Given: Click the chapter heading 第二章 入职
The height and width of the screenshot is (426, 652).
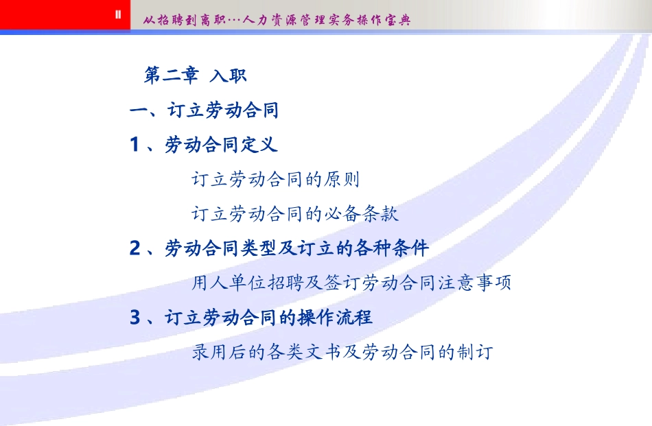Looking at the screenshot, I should coord(195,75).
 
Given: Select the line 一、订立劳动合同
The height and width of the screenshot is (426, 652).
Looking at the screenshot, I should coord(205,110).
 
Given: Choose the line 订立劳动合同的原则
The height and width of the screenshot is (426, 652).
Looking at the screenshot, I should coord(275,180).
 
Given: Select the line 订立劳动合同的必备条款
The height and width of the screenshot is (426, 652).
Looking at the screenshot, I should coord(294,214).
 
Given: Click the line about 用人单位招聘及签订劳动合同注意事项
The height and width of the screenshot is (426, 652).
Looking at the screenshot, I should coord(351,283).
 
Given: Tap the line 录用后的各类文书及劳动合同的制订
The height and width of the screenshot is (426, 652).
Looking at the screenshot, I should coord(342,353).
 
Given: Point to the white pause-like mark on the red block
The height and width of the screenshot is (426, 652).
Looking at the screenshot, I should coord(117,14).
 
